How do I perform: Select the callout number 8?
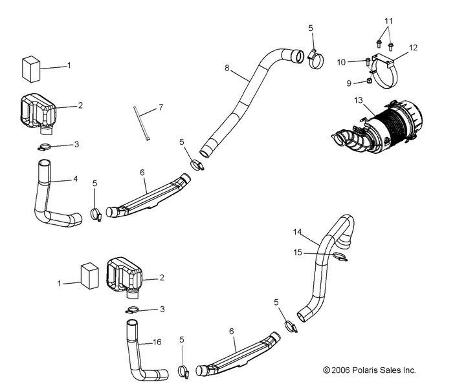[x=227, y=67]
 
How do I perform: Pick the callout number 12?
[x=413, y=47]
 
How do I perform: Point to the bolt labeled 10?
[x=368, y=62]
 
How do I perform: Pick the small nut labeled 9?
[x=368, y=81]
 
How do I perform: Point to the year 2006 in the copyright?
[x=340, y=370]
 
